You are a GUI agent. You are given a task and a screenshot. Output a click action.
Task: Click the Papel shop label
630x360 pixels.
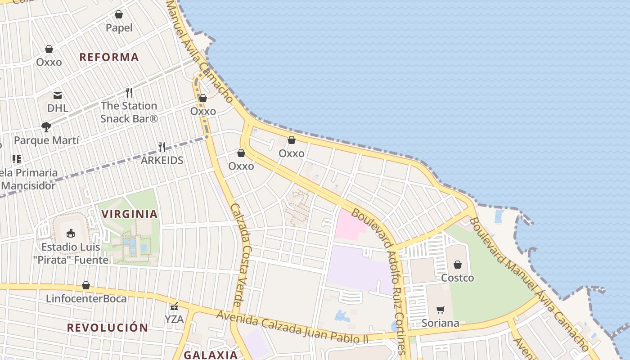pos(119,28)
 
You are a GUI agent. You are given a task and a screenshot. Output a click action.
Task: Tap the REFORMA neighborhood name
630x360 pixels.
pos(109,57)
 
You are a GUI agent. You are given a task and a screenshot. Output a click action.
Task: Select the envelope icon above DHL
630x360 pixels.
pos(58,95)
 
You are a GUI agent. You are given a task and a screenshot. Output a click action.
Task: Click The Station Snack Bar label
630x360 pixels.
pos(129,112)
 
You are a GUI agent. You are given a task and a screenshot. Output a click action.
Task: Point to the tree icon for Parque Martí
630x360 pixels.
pos(46,127)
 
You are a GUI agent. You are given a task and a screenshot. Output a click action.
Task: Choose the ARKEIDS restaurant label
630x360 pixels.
pos(162,160)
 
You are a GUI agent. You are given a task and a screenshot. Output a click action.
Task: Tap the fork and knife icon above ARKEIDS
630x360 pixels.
pos(162,147)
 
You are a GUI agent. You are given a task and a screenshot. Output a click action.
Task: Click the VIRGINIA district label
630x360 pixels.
pos(130,214)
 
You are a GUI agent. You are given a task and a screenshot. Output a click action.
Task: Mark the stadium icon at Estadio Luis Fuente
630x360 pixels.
pos(71,234)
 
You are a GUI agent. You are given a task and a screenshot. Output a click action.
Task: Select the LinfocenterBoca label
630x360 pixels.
pos(86,298)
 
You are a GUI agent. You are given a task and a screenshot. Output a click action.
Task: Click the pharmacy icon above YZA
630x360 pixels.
pos(174,306)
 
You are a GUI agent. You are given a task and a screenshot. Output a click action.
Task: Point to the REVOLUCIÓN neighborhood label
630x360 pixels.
pos(108,328)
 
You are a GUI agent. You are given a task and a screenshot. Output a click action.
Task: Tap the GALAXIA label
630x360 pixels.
pos(211,355)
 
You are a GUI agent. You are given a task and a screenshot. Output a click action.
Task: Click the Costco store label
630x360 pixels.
pos(457,278)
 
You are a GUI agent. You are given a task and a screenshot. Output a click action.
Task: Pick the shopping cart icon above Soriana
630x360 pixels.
pos(440,310)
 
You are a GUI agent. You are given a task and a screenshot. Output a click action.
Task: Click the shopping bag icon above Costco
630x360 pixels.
pos(458,264)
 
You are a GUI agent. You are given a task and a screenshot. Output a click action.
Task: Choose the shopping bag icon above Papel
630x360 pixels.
pos(119,14)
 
